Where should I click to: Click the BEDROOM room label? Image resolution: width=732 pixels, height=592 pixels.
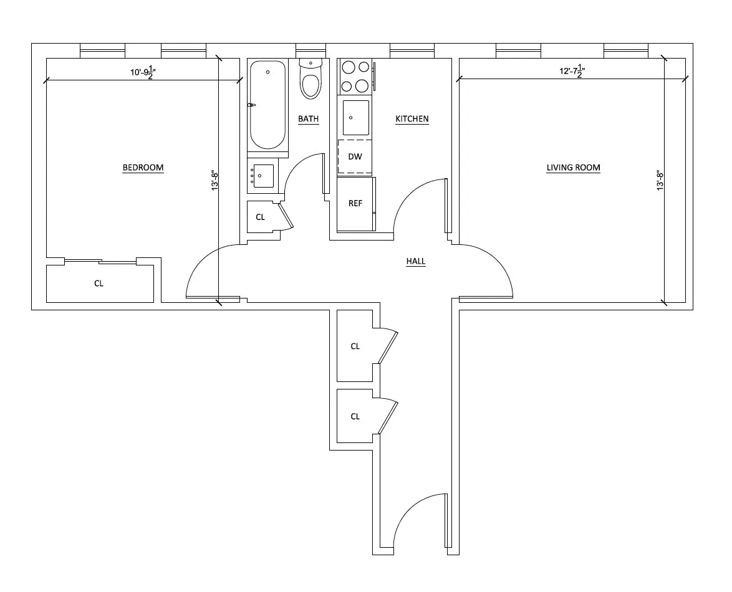tap(143, 167)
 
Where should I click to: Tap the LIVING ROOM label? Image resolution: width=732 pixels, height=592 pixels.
tap(573, 168)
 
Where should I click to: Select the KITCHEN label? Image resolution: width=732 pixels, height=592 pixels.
tap(412, 119)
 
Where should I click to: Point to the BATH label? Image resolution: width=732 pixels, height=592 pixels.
tap(308, 119)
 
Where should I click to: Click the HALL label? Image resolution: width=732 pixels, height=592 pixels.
tap(416, 262)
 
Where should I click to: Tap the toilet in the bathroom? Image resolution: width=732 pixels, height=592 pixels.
tap(311, 80)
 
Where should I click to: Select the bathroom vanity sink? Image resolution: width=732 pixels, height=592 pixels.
tap(262, 176)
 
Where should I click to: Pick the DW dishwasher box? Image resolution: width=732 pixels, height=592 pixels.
tap(355, 156)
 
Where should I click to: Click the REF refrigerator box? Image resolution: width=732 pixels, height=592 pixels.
tap(355, 204)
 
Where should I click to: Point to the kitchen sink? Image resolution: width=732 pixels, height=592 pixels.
tap(355, 118)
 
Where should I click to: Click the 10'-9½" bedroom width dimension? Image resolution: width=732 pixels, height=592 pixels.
tap(142, 72)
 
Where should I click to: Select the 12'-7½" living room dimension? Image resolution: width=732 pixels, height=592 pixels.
tap(571, 71)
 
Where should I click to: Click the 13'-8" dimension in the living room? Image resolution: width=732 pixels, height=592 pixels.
tap(660, 181)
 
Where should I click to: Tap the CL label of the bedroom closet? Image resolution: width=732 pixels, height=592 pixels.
tap(99, 284)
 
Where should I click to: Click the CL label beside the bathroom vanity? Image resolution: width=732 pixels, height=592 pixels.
tap(261, 217)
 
